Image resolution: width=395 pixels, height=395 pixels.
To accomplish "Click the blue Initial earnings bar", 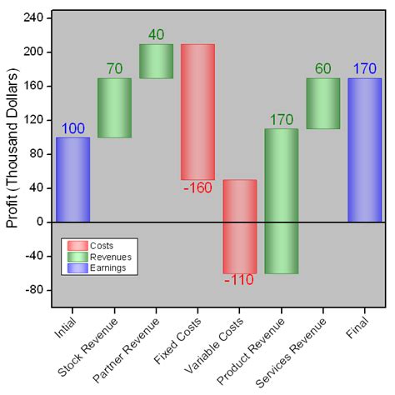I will coord(72,179).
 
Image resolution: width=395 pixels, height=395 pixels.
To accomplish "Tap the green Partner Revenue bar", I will coord(156,61).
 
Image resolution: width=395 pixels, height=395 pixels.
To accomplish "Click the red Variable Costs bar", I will coord(239,226).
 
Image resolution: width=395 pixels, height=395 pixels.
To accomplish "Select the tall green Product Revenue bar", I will coord(281,201).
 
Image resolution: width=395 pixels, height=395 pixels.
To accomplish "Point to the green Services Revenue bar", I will coord(322,103).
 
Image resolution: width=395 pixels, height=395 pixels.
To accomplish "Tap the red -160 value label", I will coord(197,187).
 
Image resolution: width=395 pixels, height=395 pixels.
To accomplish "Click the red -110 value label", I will coord(239,281).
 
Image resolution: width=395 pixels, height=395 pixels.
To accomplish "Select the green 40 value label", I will coord(156,35).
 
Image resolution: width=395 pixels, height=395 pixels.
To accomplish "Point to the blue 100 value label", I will coord(72,128).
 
